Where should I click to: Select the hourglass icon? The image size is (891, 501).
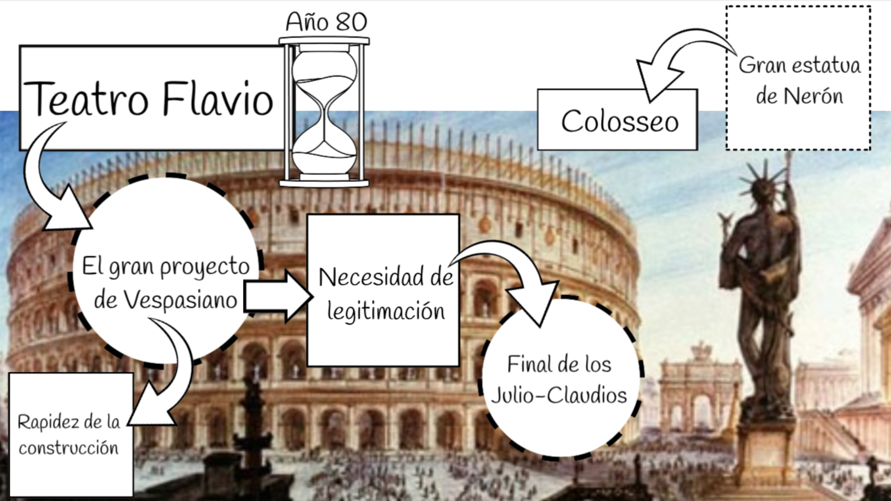(324, 113)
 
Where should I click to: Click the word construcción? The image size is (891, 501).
(68, 448)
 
